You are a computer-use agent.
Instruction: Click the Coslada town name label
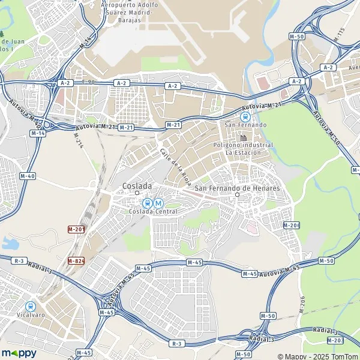pyautogui.click(x=137, y=186)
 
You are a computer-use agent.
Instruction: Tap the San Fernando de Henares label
pyautogui.click(x=238, y=188)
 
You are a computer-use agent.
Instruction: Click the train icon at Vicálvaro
pyautogui.click(x=30, y=305)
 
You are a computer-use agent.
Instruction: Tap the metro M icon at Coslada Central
pyautogui.click(x=158, y=203)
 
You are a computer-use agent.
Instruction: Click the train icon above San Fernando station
pyautogui.click(x=245, y=116)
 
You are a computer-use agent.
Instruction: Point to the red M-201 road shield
pyautogui.click(x=75, y=230)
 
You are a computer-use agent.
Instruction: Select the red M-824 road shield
pyautogui.click(x=75, y=261)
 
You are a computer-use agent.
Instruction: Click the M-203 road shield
pyautogui.click(x=336, y=340)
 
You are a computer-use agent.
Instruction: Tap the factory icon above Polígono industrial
pyautogui.click(x=244, y=139)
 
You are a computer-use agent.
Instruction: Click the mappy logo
pyautogui.click(x=19, y=353)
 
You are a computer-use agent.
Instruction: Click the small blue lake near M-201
pyautogui.click(x=10, y=243)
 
